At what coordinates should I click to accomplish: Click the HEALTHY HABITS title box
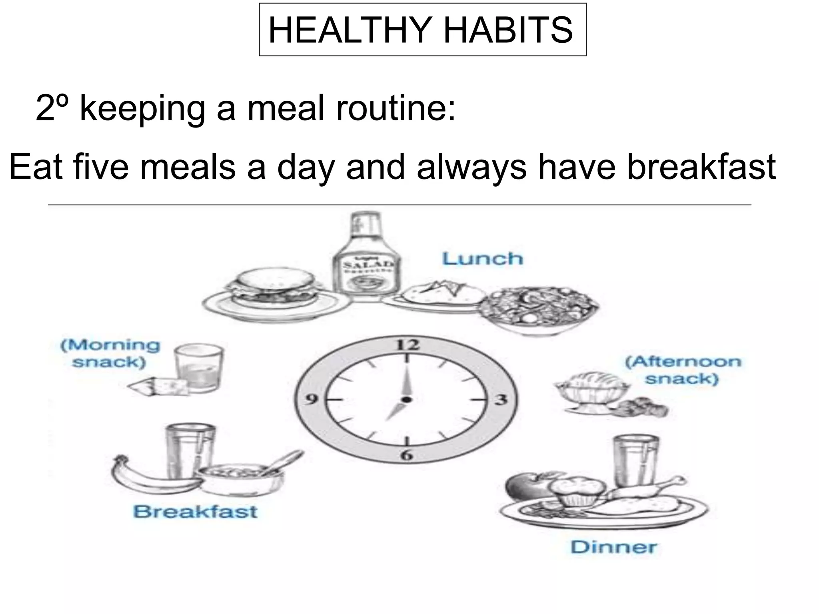click(x=422, y=30)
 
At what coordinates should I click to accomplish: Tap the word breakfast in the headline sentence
click(x=701, y=167)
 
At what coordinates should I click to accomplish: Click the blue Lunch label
click(x=483, y=259)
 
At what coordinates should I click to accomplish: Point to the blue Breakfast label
click(x=195, y=511)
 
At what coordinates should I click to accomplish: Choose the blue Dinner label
click(x=613, y=547)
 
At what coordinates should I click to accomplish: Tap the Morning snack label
click(x=110, y=353)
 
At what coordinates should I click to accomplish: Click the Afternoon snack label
click(x=683, y=370)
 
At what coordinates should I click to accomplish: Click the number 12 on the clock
click(x=407, y=344)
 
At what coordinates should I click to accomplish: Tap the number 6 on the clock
click(x=406, y=455)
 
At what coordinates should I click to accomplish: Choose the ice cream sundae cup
click(x=587, y=390)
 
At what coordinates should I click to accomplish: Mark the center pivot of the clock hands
click(x=407, y=399)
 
